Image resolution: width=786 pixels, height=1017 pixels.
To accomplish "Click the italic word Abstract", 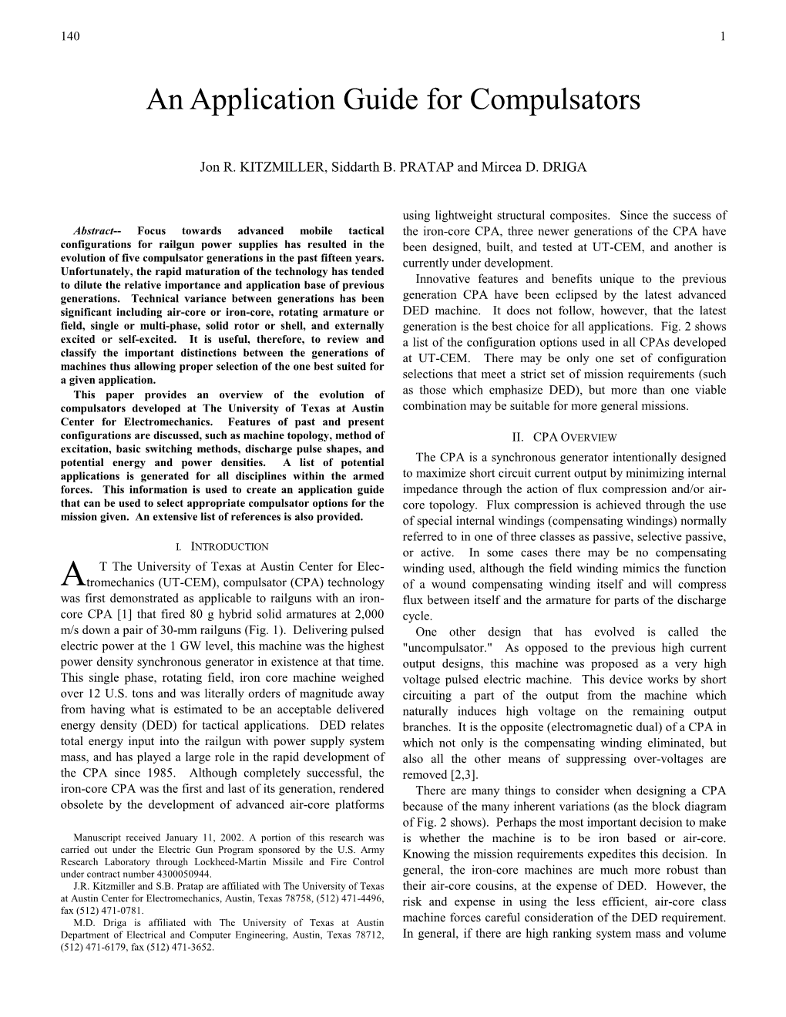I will (x=93, y=230).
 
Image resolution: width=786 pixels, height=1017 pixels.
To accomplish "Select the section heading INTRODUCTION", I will (x=230, y=547).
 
